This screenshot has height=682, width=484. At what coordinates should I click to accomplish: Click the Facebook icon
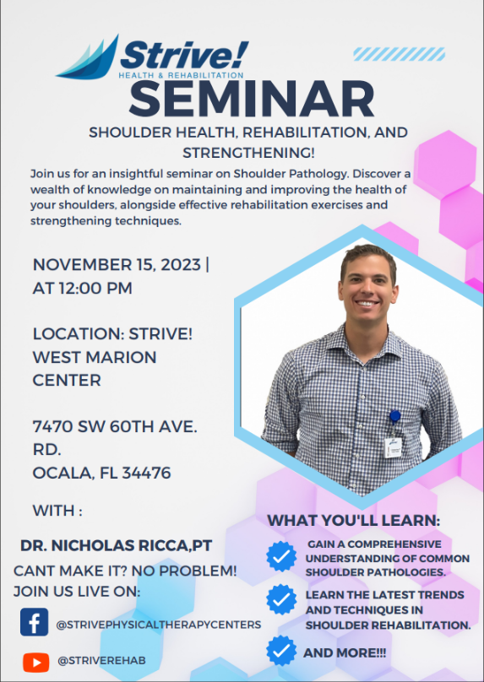pyautogui.click(x=35, y=622)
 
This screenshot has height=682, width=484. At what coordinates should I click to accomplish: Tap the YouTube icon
pyautogui.click(x=36, y=663)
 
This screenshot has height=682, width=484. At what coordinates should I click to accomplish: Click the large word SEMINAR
pyautogui.click(x=252, y=99)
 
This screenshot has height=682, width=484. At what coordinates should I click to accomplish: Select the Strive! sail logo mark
pyautogui.click(x=87, y=57)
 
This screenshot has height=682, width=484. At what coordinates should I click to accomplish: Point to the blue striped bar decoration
pyautogui.click(x=400, y=54)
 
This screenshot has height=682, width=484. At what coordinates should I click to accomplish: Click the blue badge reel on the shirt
pyautogui.click(x=394, y=417)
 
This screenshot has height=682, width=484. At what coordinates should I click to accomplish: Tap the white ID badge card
pyautogui.click(x=393, y=447)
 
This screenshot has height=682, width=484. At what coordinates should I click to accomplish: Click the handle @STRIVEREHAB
pyautogui.click(x=101, y=661)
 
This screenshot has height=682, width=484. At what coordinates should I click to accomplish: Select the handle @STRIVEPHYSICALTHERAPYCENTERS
pyautogui.click(x=159, y=625)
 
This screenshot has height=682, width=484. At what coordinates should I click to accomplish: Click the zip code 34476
pyautogui.click(x=146, y=473)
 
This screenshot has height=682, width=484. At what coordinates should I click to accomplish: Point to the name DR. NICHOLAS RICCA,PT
pyautogui.click(x=117, y=546)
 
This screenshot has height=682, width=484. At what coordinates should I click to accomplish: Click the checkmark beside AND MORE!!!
pyautogui.click(x=281, y=651)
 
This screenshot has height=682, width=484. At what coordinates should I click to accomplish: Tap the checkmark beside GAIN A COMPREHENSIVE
pyautogui.click(x=281, y=556)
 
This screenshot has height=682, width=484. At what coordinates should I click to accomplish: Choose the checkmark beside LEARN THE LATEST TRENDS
pyautogui.click(x=281, y=599)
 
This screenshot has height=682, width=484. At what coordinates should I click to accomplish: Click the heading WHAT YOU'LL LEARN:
pyautogui.click(x=353, y=521)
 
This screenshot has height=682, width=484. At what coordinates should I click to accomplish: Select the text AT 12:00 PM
pyautogui.click(x=82, y=289)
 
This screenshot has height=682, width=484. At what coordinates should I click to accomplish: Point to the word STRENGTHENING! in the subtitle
pyautogui.click(x=248, y=153)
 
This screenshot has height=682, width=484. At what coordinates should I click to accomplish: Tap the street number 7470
pyautogui.click(x=52, y=427)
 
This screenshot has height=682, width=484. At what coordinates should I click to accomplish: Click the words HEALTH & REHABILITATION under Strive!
pyautogui.click(x=181, y=75)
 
